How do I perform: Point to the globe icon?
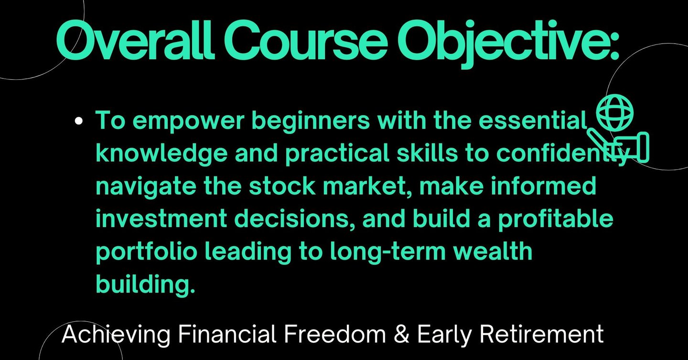coord(614,113)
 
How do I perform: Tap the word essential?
coord(533,120)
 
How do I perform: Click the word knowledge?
coord(161,154)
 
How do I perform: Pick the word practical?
coord(337,154)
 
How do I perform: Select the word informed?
coord(543,185)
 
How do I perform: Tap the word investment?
coord(161,218)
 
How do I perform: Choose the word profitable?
coord(555,219)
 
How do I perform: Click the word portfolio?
coord(147,252)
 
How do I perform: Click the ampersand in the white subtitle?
coord(401,335)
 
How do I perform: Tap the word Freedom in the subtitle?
coord(334,334)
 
